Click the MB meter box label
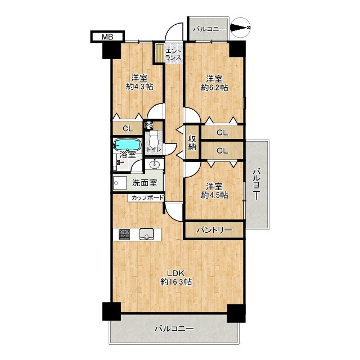(x=107, y=37)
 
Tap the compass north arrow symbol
(x=241, y=28)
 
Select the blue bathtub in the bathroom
(x=127, y=145)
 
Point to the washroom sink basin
(x=155, y=164)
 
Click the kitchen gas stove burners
(x=124, y=234)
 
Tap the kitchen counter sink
(x=145, y=234)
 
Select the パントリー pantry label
(x=214, y=230)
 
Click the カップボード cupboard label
(x=148, y=197)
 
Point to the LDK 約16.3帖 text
(x=176, y=277)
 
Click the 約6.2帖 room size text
(x=214, y=88)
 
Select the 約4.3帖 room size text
(x=140, y=87)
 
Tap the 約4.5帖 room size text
(x=214, y=195)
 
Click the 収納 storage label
(x=192, y=142)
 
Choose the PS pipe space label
(x=148, y=125)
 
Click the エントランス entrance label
(x=174, y=55)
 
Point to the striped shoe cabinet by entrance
(x=159, y=53)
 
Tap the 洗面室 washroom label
(x=145, y=183)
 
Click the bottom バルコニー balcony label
(x=174, y=328)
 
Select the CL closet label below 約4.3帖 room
(x=128, y=129)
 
